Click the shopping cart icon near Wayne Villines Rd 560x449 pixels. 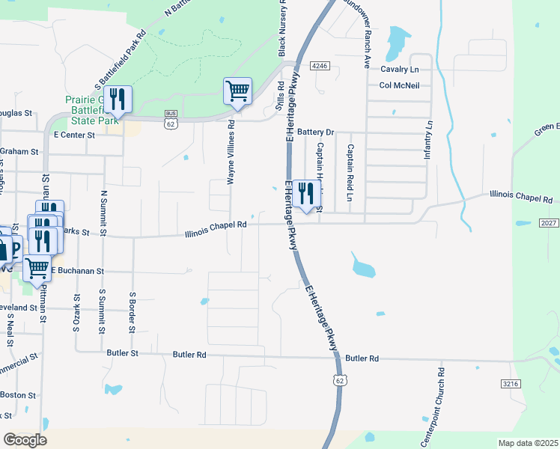pyautogui.click(x=237, y=91)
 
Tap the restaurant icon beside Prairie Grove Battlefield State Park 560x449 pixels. pyautogui.click(x=118, y=99)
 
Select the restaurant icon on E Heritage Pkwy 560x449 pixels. pyautogui.click(x=305, y=194)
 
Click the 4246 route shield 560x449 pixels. pyautogui.click(x=320, y=66)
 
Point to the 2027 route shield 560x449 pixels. pyautogui.click(x=548, y=223)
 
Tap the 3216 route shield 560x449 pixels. pyautogui.click(x=511, y=383)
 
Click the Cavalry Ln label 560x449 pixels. pyautogui.click(x=398, y=69)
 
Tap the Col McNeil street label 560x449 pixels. pyautogui.click(x=399, y=85)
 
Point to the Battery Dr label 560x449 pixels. pyautogui.click(x=315, y=132)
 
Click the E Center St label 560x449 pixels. pyautogui.click(x=75, y=135)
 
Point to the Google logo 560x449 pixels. pyautogui.click(x=25, y=439)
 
